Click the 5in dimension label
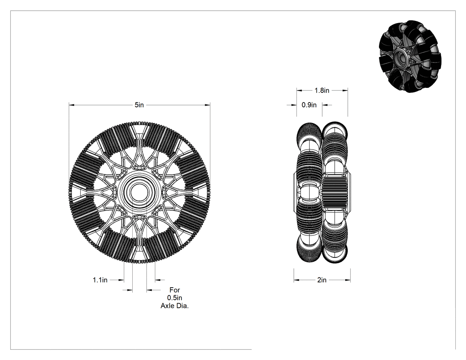139,105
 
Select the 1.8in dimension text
322,91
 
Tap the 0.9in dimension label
309,105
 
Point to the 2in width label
322,280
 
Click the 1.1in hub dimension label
100,280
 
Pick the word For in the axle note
175,290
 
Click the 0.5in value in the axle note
175,298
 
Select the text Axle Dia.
175,306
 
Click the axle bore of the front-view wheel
139,192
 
